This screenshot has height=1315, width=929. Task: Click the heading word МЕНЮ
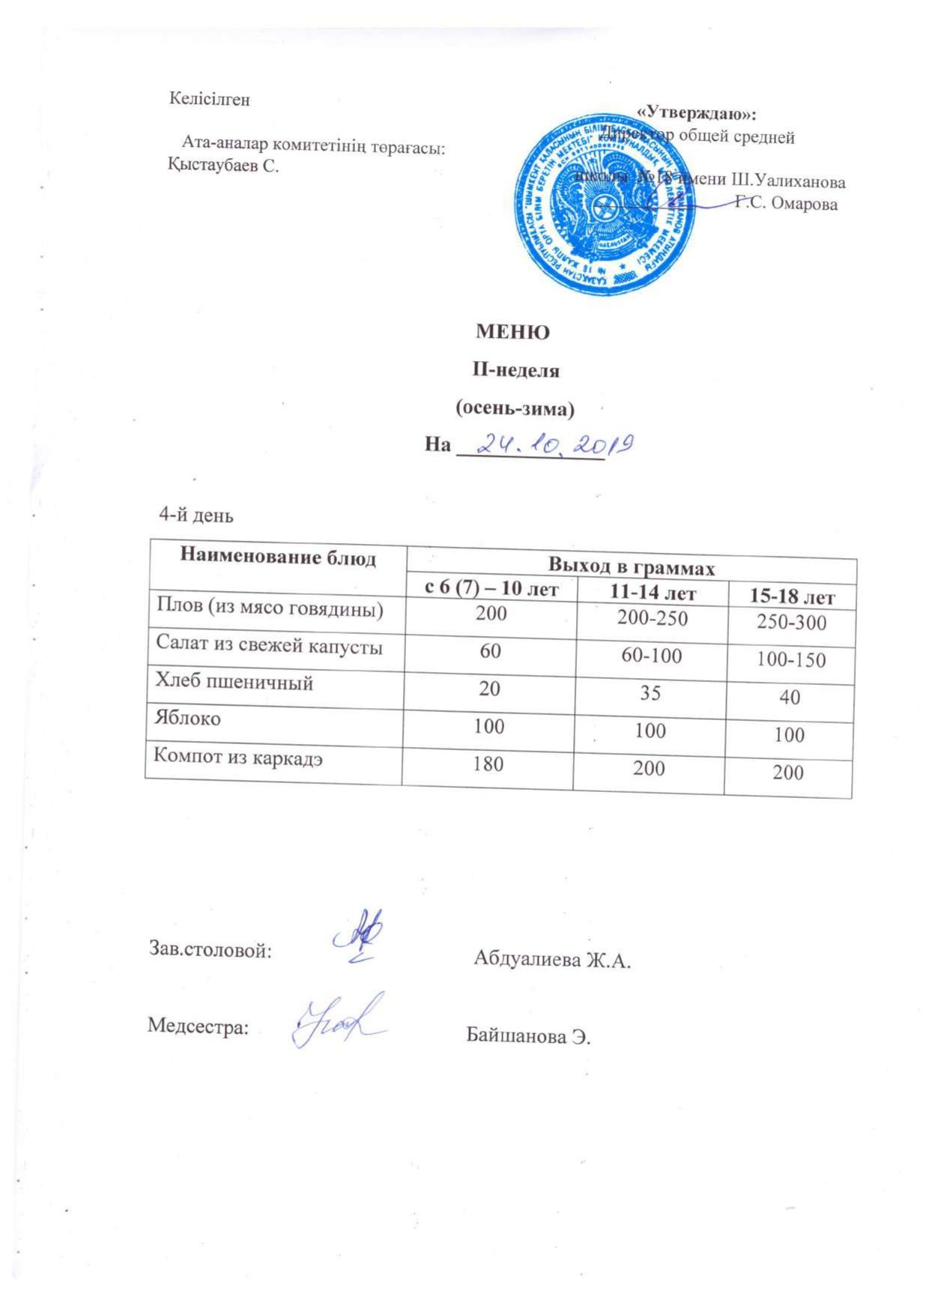coord(513,332)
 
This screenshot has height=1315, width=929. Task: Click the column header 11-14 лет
coord(653,593)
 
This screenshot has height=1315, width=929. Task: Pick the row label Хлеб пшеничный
coord(234,682)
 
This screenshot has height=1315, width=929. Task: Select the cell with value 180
coord(488,764)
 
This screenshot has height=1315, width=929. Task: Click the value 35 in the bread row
coord(650,693)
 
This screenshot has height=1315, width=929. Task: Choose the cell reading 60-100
coord(651,656)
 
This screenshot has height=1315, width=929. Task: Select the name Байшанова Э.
coord(528,1037)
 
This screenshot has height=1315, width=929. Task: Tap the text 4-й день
coord(196,516)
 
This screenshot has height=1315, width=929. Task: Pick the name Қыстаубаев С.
coord(224,166)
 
